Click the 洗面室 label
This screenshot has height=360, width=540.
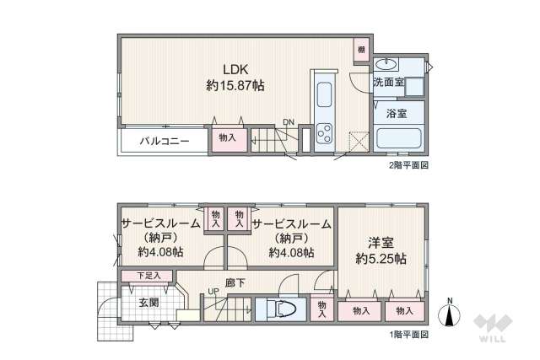pos(388,82)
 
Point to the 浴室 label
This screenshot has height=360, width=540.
pos(396,111)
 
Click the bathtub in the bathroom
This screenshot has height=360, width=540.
pos(399,138)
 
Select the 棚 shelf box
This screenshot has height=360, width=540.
pos(360,51)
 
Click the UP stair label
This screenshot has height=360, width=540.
pos(213,293)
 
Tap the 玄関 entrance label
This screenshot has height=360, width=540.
pos(149,301)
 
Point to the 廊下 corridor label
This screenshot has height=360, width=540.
pos(235,283)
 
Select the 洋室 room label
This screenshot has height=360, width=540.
pos(381,240)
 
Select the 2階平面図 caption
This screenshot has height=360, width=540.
pos(408,166)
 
